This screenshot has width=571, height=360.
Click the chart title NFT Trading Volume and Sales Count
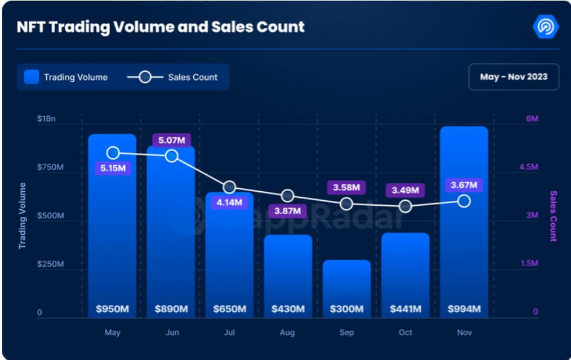(160, 27)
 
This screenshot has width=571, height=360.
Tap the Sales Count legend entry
(173, 77)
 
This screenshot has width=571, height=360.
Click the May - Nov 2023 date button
(513, 77)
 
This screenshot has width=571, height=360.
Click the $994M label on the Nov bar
(463, 309)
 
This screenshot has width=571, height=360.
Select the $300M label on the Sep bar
(346, 309)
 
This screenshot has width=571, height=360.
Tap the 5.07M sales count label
(172, 140)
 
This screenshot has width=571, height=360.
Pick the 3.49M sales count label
(405, 190)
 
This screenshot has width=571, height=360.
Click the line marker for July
(229, 188)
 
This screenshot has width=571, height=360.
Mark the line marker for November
(464, 201)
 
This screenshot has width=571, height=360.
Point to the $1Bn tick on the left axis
(46, 119)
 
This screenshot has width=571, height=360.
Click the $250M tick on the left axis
(50, 264)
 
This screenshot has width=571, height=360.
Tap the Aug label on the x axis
(288, 332)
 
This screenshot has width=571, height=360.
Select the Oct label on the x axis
(405, 332)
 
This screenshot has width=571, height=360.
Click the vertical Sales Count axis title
(553, 216)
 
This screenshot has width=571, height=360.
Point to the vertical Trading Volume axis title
(22, 216)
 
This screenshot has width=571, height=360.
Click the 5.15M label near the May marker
(113, 168)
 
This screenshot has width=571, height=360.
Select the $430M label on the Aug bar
(288, 309)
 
